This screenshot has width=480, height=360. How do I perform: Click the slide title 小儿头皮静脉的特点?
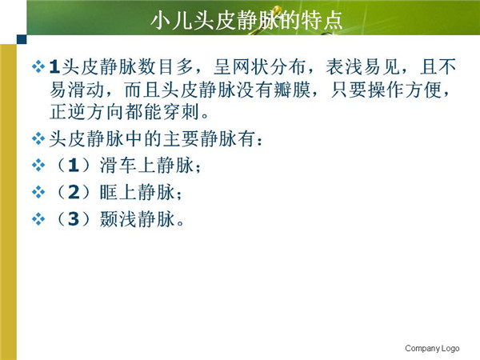pyautogui.click(x=246, y=21)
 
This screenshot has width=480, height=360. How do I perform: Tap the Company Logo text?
pyautogui.click(x=432, y=348)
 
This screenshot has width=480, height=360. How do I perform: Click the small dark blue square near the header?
pyautogui.click(x=22, y=39)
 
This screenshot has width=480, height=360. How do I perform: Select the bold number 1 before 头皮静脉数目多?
pyautogui.click(x=54, y=66)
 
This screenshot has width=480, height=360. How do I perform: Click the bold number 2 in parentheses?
pyautogui.click(x=74, y=192)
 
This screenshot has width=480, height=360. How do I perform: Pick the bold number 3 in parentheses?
pyautogui.click(x=74, y=219)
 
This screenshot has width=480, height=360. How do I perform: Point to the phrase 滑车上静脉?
pyautogui.click(x=146, y=166)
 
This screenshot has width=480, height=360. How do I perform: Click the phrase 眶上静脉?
pyautogui.click(x=137, y=192)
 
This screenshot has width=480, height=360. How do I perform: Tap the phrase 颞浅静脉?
pyautogui.click(x=137, y=219)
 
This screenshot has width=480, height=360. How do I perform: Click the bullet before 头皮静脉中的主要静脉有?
pyautogui.click(x=38, y=138)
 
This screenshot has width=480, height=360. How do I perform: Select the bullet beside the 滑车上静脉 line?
pyautogui.click(x=38, y=166)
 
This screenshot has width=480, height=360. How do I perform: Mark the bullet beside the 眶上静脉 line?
pyautogui.click(x=38, y=192)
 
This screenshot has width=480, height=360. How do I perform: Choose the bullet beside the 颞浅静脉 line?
pyautogui.click(x=38, y=219)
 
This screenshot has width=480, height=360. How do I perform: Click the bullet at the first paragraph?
pyautogui.click(x=38, y=66)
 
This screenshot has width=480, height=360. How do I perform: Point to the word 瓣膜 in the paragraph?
pyautogui.click(x=292, y=90)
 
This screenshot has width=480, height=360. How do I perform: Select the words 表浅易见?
pyautogui.click(x=363, y=66)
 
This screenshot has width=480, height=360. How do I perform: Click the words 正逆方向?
pyautogui.click(x=87, y=112)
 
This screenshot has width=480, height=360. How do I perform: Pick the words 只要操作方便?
pyautogui.click(x=386, y=90)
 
